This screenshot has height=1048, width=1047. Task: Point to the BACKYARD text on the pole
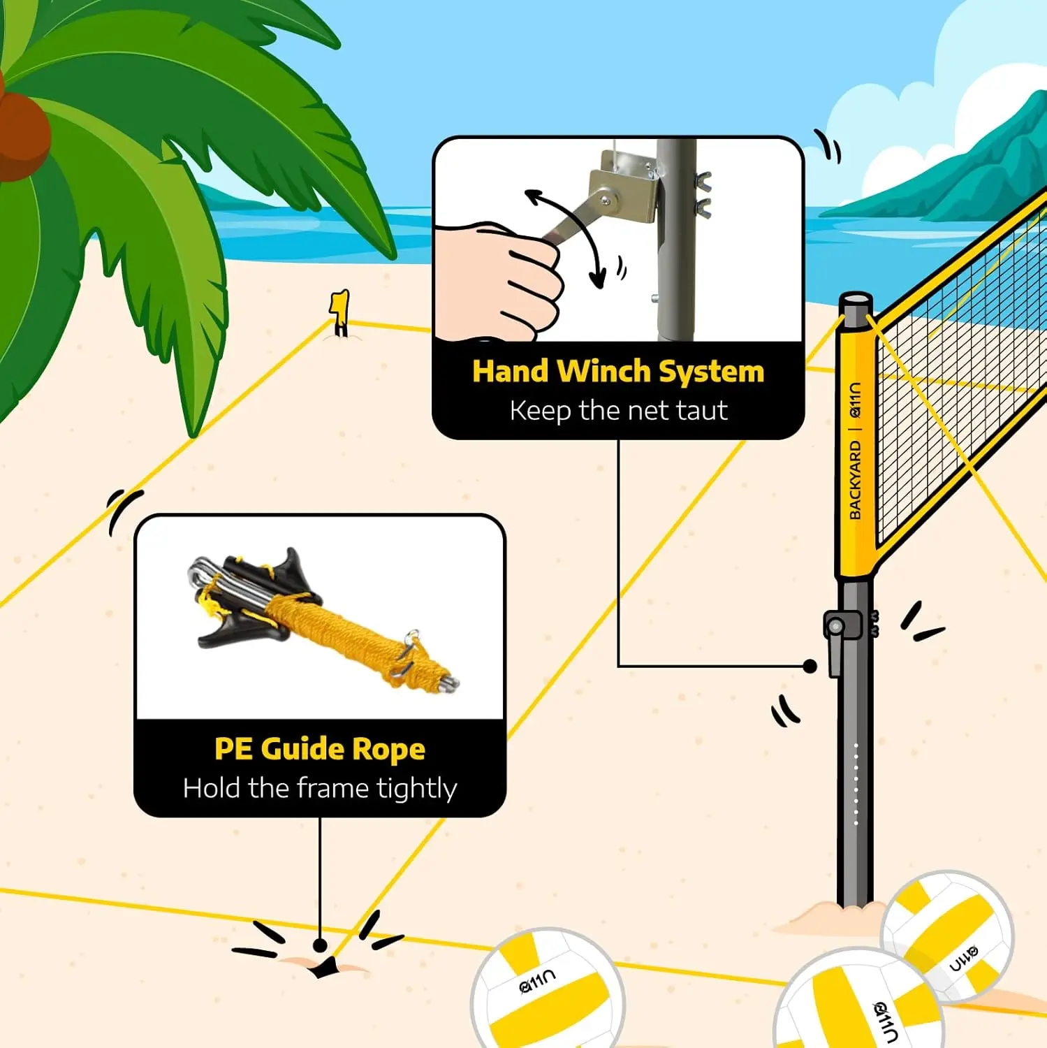[854, 480]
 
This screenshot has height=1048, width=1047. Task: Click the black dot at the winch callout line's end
[810, 666]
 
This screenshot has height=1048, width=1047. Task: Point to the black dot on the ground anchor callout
[320, 945]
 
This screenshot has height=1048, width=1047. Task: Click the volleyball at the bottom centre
[548, 989]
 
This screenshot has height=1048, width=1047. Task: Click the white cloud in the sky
[936, 84]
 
